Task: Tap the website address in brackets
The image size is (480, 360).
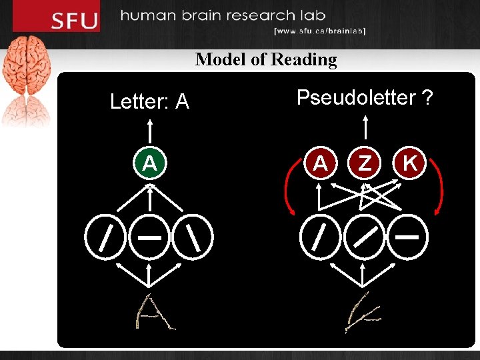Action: tap(320, 31)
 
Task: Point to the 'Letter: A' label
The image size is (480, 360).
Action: tap(149, 102)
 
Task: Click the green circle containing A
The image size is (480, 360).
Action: tap(150, 163)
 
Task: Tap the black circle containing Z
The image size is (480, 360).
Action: tap(365, 163)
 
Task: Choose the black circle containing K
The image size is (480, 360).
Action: tap(410, 163)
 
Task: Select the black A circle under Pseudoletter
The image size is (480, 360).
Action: tap(321, 163)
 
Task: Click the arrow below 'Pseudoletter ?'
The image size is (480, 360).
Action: tap(365, 129)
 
